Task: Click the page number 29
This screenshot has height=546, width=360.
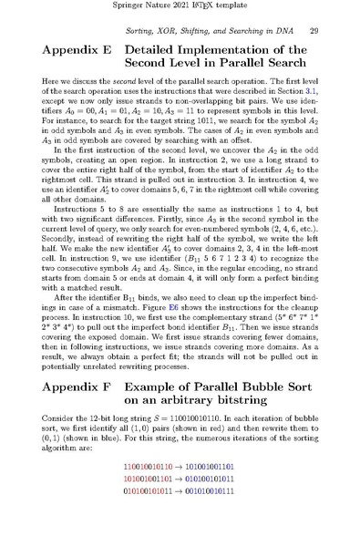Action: click(x=314, y=32)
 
